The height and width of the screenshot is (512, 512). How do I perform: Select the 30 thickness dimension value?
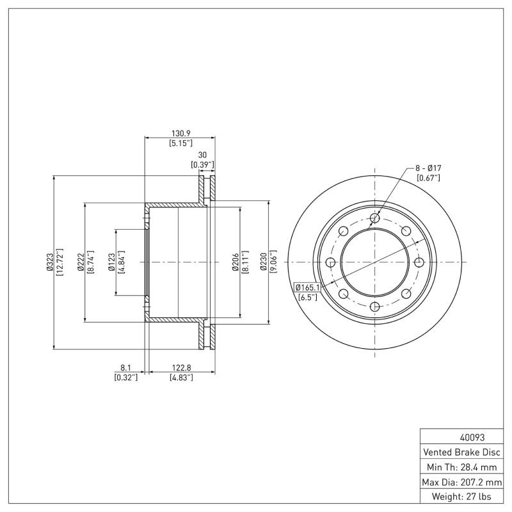click(x=202, y=155)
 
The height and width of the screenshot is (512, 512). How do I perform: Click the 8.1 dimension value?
click(x=125, y=368)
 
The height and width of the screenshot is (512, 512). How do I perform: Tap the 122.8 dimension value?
click(x=181, y=368)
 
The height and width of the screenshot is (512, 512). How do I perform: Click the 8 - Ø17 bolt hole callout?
click(x=428, y=168)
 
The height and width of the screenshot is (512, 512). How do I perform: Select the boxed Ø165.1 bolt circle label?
click(x=307, y=287)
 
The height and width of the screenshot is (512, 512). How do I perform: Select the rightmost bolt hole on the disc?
click(x=419, y=262)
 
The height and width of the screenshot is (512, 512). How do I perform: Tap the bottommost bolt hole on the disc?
click(x=375, y=307)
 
